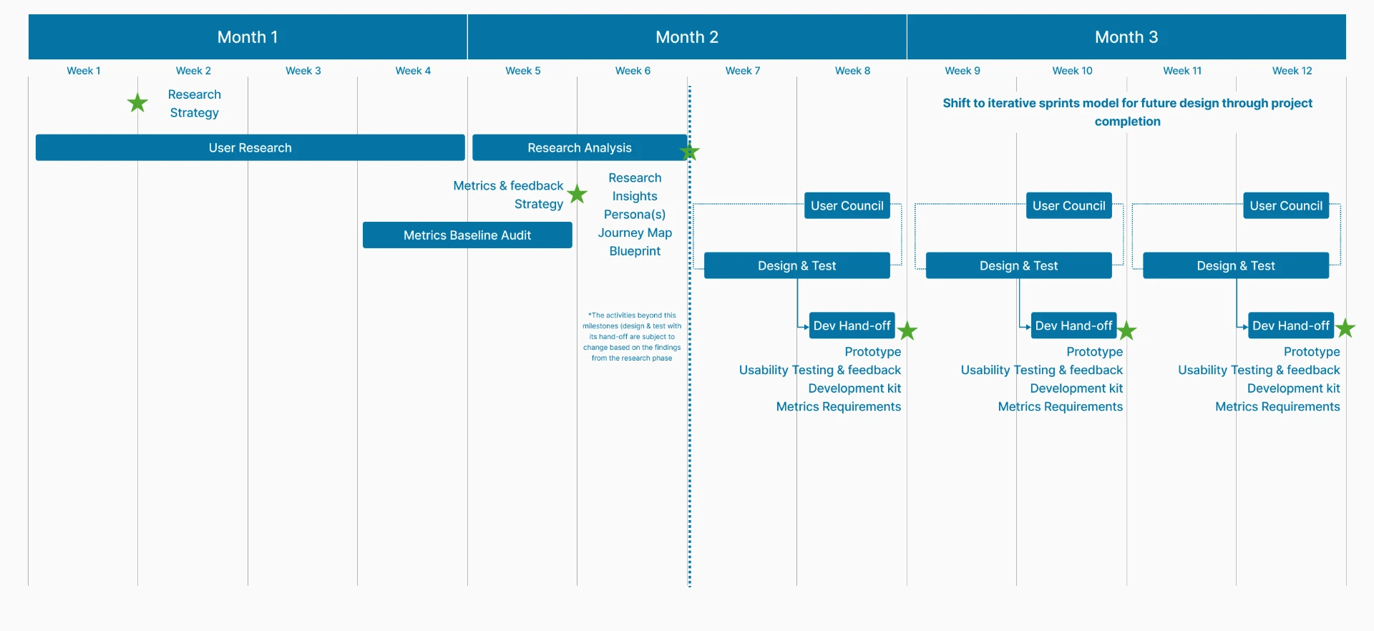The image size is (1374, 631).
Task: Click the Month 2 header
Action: [687, 37]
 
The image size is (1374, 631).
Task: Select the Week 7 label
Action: [743, 71]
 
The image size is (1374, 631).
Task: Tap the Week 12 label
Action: [1292, 71]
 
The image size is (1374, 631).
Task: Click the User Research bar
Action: [250, 147]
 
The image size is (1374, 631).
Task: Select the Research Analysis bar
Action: [580, 147]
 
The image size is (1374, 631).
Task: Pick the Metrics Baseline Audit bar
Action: [467, 235]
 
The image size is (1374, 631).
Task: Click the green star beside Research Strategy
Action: [137, 103]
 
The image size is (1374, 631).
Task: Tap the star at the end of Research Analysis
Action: [690, 152]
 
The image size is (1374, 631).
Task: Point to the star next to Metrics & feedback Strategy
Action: [578, 193]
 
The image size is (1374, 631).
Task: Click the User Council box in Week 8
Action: [847, 205]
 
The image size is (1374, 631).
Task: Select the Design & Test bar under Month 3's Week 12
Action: [1236, 265]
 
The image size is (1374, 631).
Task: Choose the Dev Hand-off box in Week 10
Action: [1073, 326]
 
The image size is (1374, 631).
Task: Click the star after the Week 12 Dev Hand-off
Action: [1345, 328]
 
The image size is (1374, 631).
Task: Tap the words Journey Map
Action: [635, 233]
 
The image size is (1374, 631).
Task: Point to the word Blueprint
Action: [635, 251]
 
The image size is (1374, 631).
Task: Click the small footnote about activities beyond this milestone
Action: [632, 336]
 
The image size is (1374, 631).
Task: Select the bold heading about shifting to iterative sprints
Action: [1127, 112]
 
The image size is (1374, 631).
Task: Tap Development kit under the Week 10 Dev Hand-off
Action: [1076, 388]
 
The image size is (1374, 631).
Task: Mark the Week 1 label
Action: [84, 71]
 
